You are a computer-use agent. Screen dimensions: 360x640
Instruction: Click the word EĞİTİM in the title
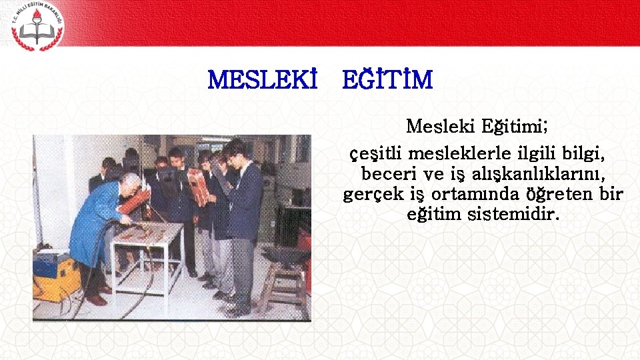point(387,81)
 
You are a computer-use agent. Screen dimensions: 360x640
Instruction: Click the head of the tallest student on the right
point(236,150)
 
